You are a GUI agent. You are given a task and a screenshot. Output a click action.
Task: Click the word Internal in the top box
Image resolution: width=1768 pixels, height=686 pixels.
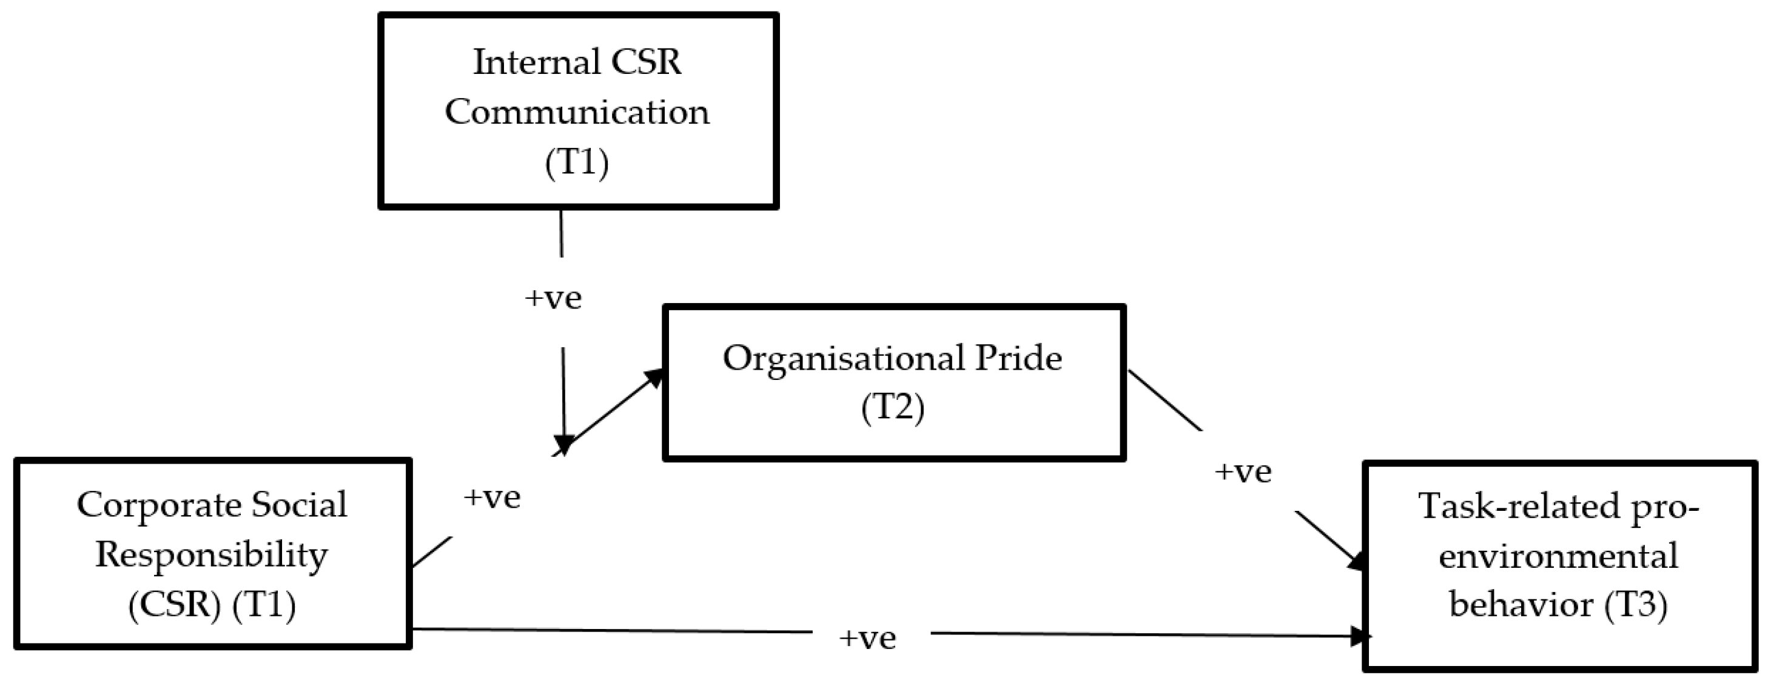(526, 63)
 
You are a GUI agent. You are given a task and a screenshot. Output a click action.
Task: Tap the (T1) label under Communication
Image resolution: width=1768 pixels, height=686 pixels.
(577, 163)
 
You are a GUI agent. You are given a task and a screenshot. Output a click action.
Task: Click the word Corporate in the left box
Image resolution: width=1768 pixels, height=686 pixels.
(160, 505)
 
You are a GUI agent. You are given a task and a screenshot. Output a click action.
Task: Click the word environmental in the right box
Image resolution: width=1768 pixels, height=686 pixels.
(1558, 556)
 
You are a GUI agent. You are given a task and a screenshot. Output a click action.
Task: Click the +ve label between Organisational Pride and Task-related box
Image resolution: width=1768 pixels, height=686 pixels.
(1243, 473)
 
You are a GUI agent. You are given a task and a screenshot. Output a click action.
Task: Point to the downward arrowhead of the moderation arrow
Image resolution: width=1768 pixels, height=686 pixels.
(563, 445)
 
